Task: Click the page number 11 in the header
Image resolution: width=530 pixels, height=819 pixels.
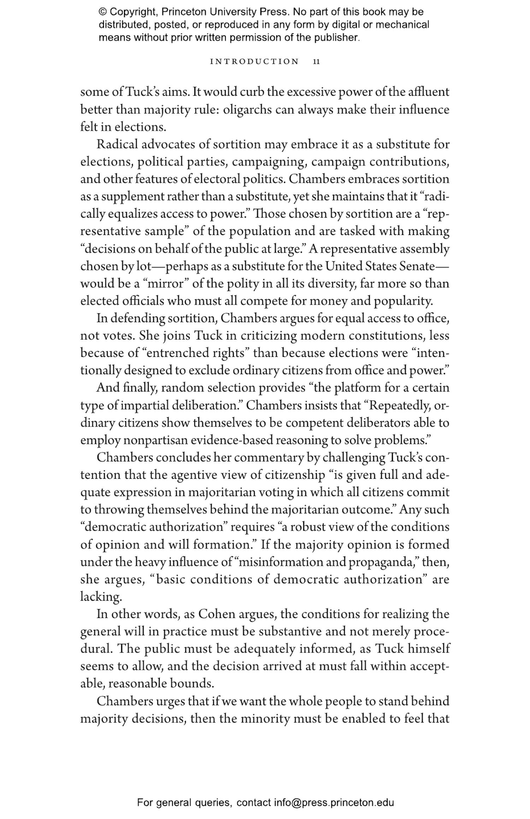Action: tap(316, 61)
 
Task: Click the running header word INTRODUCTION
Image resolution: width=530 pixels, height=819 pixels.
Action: tap(254, 61)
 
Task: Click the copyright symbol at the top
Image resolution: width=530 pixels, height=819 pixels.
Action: tap(102, 12)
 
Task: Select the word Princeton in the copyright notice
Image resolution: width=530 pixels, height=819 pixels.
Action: tap(184, 12)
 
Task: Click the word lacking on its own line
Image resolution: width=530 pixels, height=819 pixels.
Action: tap(101, 597)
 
